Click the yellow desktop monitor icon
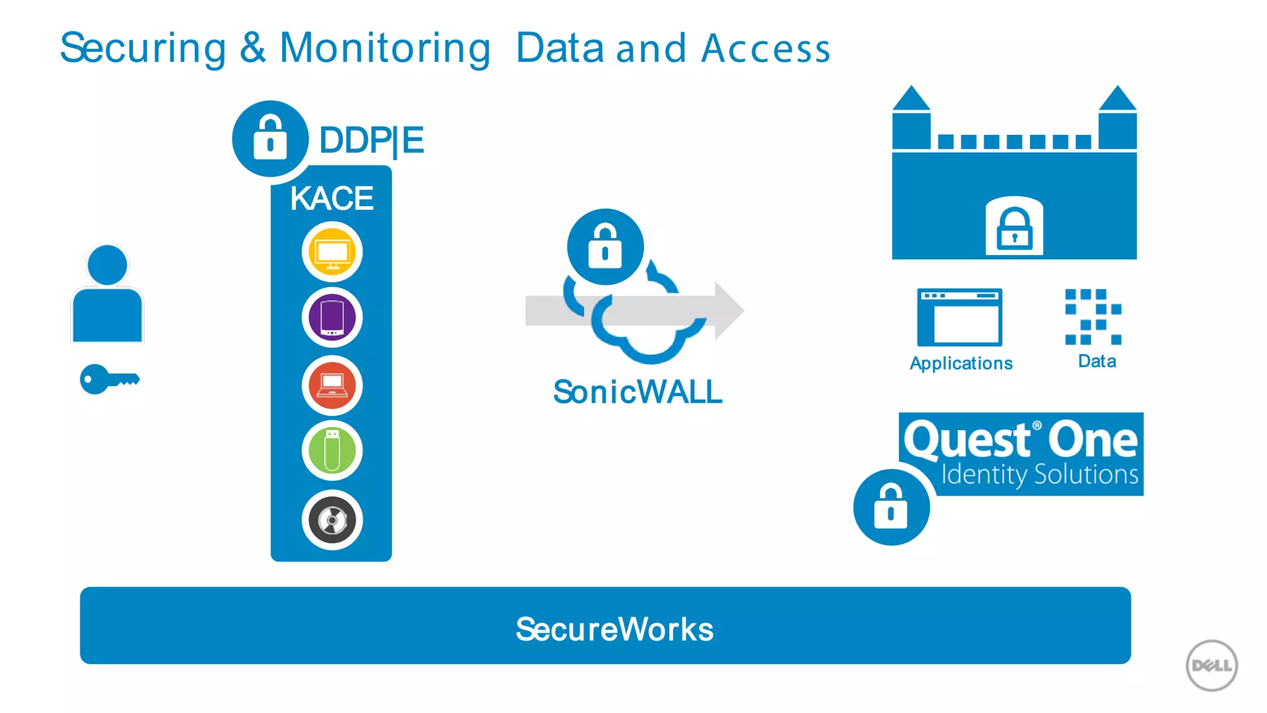tap(332, 252)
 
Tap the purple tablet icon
tap(332, 318)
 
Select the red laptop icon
tap(332, 385)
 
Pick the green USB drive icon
tap(332, 451)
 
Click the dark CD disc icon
tap(332, 520)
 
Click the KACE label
tap(332, 199)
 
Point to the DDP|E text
tap(371, 140)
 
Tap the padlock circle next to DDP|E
tap(270, 139)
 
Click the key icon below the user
tap(109, 379)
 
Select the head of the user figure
tap(108, 265)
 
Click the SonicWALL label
tap(637, 392)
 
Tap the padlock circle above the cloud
tap(605, 247)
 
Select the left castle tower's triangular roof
tap(911, 99)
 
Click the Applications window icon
tap(960, 318)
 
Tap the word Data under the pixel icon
tap(1097, 361)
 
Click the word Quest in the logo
tap(966, 440)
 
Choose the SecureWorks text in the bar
tap(614, 629)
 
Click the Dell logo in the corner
tap(1211, 665)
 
